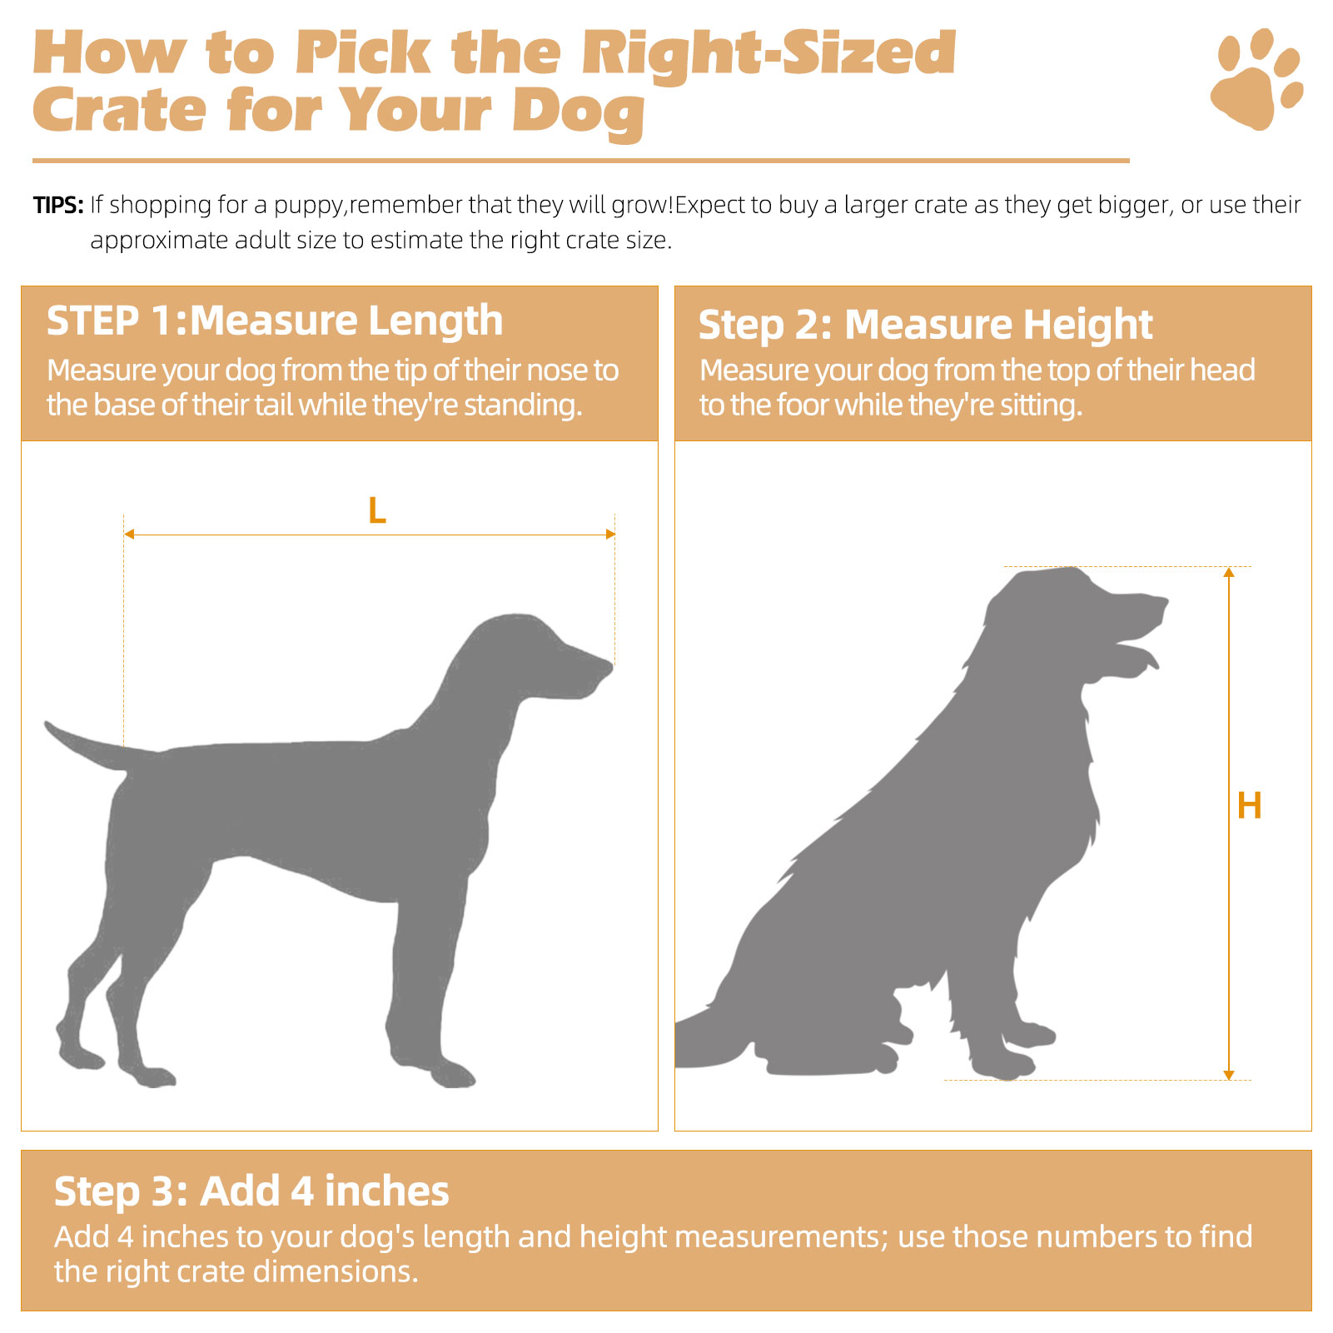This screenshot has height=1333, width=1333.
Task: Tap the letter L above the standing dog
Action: pos(377,510)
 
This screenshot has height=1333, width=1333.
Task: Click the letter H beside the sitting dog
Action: pos(1249,806)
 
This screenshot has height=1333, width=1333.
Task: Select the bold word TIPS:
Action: pos(58,205)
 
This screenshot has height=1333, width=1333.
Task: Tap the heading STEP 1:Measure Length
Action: pos(275,321)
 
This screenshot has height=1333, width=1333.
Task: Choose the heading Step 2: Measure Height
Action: pos(925,325)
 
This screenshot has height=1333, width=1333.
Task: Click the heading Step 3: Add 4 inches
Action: pos(251,1191)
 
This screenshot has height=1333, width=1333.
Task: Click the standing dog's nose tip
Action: pos(610,665)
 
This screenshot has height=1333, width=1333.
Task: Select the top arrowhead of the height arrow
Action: pos(1229,572)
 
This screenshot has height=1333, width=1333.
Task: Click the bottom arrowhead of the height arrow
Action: pos(1229,1075)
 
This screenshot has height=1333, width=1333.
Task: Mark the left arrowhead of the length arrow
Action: pos(129,534)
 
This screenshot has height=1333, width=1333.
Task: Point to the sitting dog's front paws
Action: pos(1012,1052)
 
